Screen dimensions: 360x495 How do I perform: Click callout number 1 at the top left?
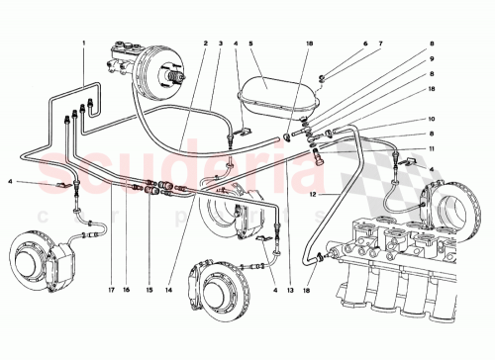tap(84, 43)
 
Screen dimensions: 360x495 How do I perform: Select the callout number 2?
tap(204, 43)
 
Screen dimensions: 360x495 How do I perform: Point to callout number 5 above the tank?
tap(251, 43)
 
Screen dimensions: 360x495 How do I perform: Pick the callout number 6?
tap(364, 43)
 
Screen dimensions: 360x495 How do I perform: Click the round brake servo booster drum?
tap(158, 74)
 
